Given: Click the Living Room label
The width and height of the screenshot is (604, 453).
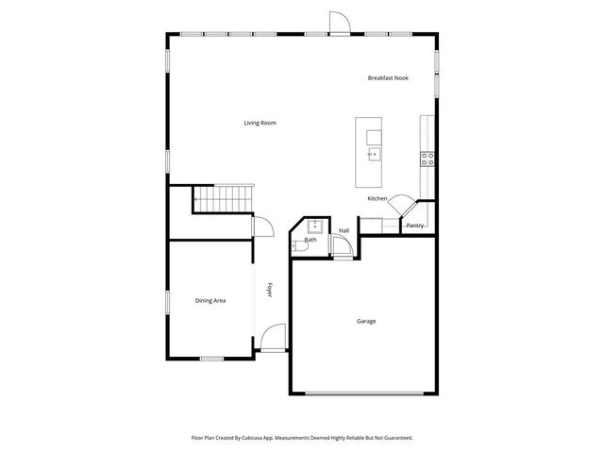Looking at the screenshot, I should [260, 123].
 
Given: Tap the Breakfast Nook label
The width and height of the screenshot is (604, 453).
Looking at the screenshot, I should [388, 77].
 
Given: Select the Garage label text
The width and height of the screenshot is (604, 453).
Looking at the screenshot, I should [366, 321].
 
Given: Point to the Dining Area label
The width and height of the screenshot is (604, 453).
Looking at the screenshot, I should [210, 300].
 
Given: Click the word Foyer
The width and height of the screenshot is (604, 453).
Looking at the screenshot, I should [269, 291].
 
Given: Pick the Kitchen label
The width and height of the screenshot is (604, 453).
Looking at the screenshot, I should [377, 198].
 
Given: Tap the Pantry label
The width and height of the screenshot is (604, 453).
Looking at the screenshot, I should [414, 226].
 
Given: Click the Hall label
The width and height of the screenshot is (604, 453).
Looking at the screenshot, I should [344, 230].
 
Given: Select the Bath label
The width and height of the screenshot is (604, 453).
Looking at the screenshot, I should [310, 240].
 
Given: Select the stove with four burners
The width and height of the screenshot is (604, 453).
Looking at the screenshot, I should [428, 158].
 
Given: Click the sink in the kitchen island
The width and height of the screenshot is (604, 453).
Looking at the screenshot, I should [373, 152].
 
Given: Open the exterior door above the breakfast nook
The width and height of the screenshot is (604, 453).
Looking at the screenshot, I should [337, 24].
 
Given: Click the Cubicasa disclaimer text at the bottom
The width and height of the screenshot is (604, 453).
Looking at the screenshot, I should [301, 438].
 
